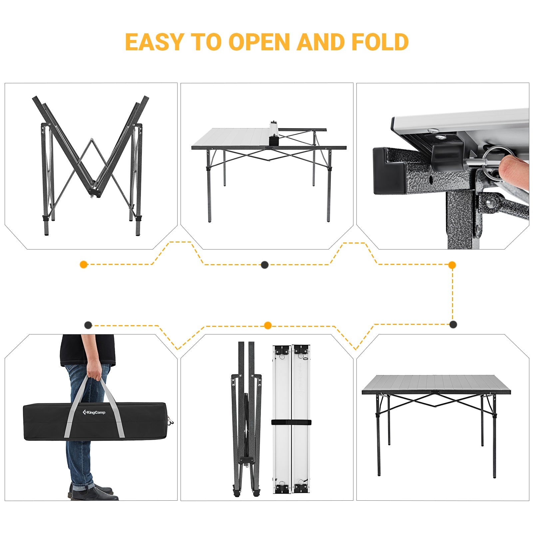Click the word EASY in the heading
[154, 42]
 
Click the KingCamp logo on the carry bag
[94, 412]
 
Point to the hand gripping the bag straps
[94, 373]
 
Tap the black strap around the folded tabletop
[291, 422]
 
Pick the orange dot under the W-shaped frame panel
[84, 265]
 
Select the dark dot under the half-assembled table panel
[265, 265]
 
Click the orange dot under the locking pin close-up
[452, 265]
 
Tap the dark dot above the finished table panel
[453, 324]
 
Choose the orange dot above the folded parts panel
[267, 325]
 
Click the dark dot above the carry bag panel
[88, 325]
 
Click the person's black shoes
[95, 493]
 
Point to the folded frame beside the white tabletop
[247, 420]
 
